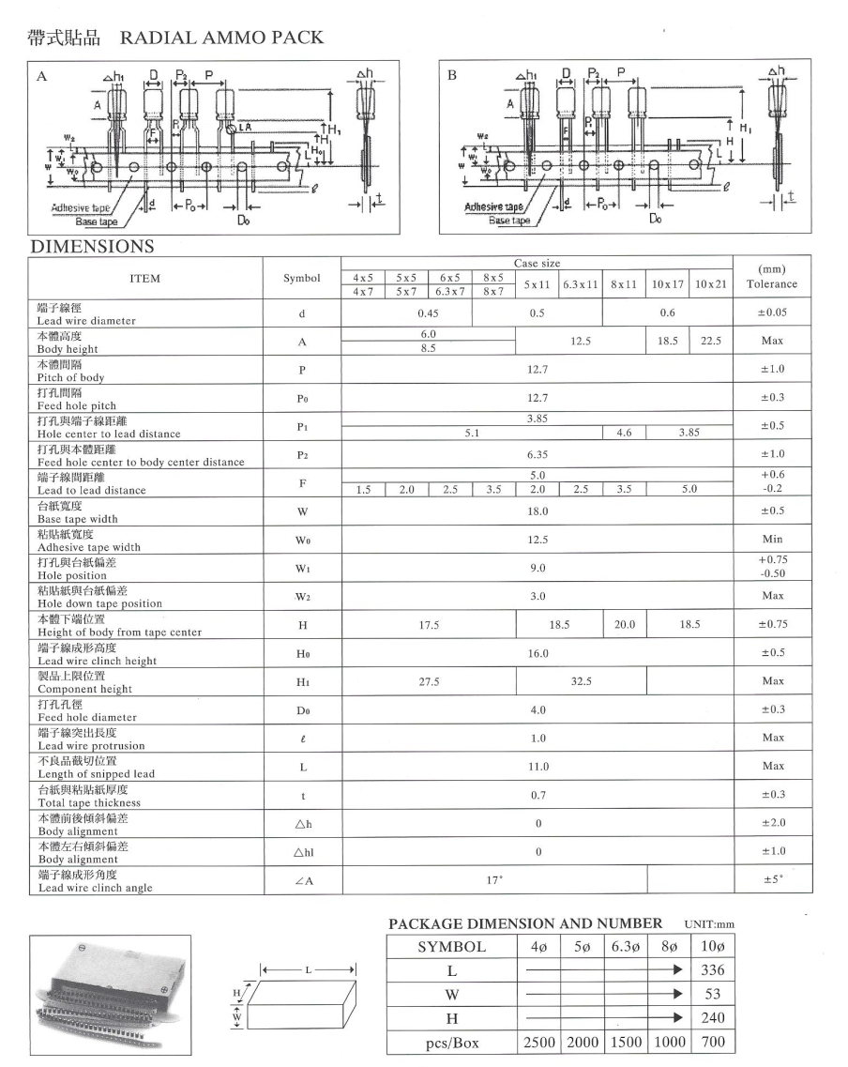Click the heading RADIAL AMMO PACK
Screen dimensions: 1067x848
coord(221,38)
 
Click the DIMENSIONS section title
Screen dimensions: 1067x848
coord(92,247)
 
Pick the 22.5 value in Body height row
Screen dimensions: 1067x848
coord(711,342)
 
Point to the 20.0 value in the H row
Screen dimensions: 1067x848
coord(625,624)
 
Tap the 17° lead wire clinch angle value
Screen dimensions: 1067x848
coord(494,879)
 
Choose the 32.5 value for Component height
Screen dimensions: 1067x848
coord(582,681)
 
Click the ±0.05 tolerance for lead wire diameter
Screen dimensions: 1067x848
coord(772,312)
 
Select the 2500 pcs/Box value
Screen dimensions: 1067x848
coord(538,1042)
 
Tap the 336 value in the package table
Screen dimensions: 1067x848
coord(712,970)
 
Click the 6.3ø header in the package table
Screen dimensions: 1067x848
coord(627,946)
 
